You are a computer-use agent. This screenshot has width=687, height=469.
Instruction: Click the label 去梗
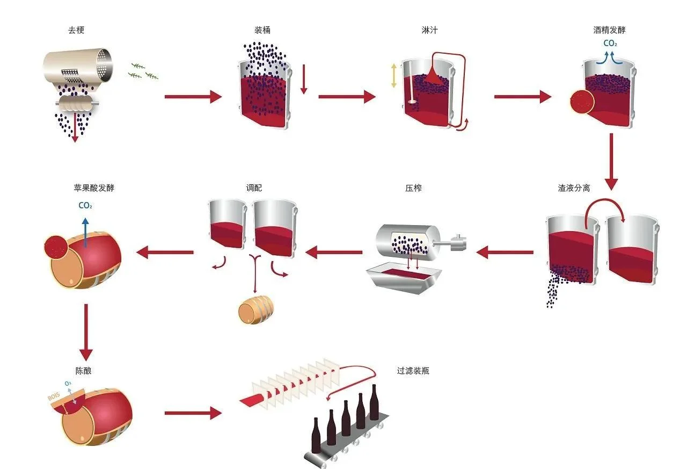click(x=76, y=30)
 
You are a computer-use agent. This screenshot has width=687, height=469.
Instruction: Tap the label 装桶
click(x=262, y=30)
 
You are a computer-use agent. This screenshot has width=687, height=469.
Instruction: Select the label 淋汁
click(x=429, y=30)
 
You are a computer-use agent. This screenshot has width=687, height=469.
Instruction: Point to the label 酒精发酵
click(x=609, y=30)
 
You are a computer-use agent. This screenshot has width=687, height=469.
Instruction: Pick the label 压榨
click(x=413, y=189)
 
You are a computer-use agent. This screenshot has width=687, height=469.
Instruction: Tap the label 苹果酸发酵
click(x=94, y=189)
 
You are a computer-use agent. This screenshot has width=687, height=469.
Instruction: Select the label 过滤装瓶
click(x=413, y=371)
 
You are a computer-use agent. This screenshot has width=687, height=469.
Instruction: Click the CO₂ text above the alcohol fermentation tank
click(x=610, y=44)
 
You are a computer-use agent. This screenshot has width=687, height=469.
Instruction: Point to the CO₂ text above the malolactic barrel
click(x=85, y=205)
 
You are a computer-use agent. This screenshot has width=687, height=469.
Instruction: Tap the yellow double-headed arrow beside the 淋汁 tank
click(x=394, y=76)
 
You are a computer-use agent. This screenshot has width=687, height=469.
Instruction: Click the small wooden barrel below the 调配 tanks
click(x=256, y=310)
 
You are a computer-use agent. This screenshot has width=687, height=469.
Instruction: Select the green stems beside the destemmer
click(x=144, y=71)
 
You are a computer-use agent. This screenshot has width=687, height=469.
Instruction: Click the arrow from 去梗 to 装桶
click(x=193, y=97)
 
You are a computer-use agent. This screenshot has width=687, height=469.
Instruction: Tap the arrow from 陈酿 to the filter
click(x=193, y=413)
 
